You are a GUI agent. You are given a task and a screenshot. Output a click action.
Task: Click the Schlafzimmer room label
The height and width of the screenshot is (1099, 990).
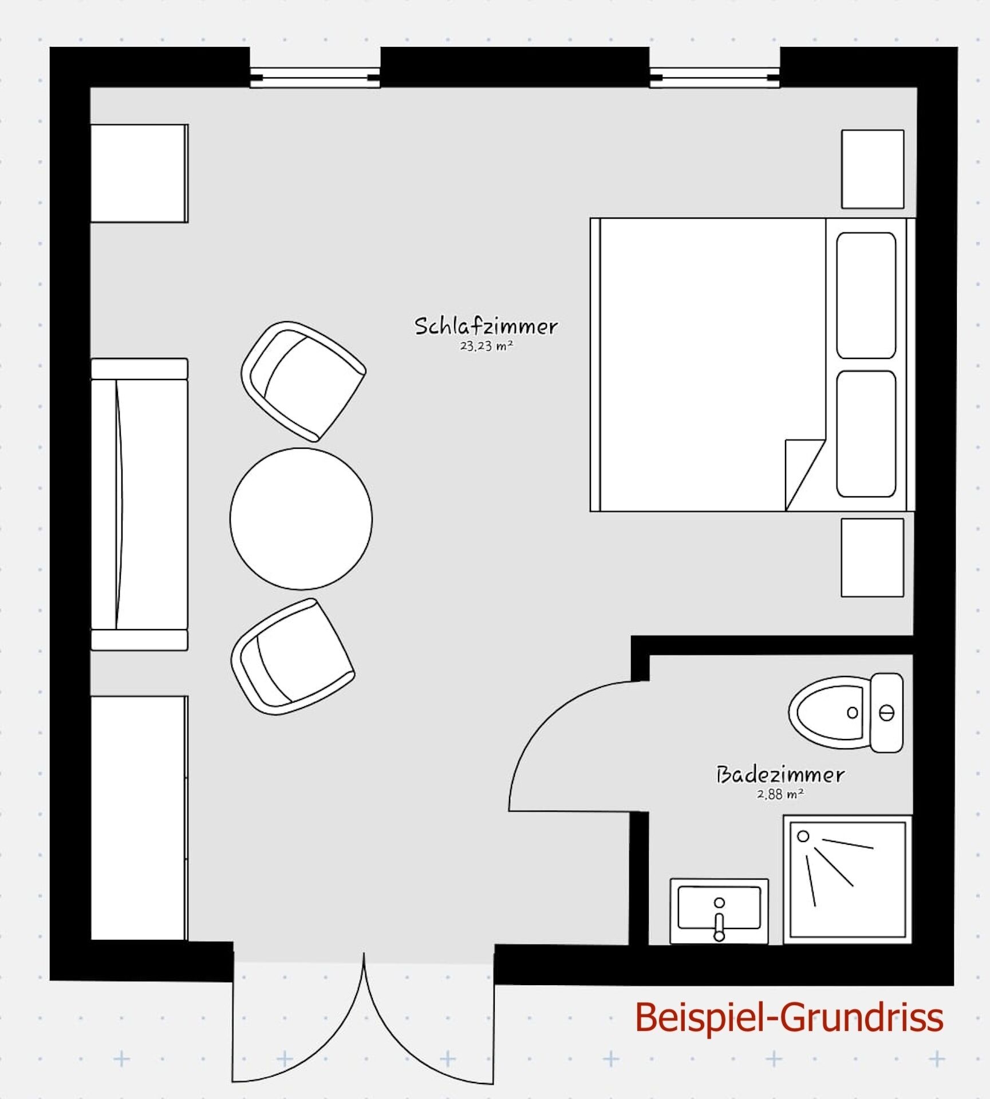click(486, 326)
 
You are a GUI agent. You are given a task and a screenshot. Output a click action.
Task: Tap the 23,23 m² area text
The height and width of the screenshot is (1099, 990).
click(486, 346)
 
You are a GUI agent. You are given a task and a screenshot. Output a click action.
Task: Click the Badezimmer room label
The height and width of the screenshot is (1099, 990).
click(780, 775)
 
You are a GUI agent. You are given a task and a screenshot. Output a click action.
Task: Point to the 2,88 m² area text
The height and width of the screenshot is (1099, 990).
click(780, 794)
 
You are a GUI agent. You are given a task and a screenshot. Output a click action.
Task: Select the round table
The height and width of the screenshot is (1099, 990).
click(301, 519)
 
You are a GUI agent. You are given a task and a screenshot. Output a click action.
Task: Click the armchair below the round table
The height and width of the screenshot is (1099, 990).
click(292, 657)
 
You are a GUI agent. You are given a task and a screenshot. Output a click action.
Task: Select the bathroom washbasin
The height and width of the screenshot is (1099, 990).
click(719, 910)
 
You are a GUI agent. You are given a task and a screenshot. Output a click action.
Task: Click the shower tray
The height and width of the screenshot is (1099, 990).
click(847, 879)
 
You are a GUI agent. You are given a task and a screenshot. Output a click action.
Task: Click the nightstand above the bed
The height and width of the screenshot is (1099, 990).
click(872, 169)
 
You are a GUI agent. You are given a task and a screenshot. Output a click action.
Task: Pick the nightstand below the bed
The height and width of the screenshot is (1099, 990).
click(872, 558)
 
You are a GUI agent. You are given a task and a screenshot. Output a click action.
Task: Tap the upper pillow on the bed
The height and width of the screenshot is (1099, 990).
click(866, 295)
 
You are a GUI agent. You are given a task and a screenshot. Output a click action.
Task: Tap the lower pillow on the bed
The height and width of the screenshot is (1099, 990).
click(866, 434)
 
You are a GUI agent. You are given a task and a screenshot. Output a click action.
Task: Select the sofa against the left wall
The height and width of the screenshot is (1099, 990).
click(139, 504)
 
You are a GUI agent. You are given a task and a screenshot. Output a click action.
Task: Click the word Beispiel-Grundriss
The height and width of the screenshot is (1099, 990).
click(789, 1017)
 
